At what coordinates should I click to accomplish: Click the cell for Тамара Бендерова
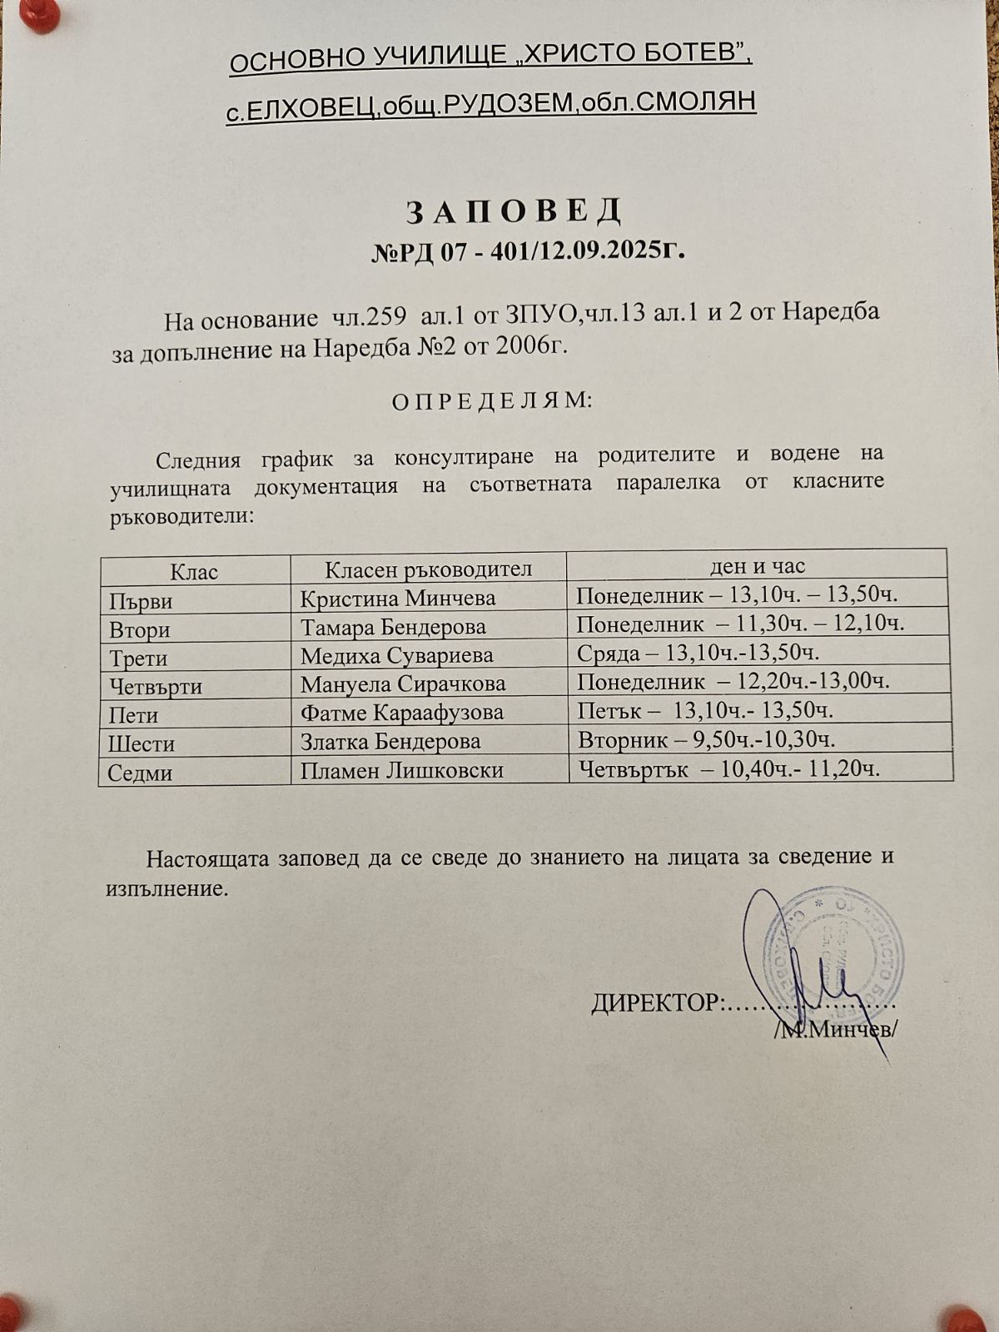pyautogui.click(x=393, y=627)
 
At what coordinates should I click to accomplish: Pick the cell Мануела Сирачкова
pyautogui.click(x=403, y=684)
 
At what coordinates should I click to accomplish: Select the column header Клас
pyautogui.click(x=194, y=571)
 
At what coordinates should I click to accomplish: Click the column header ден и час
pyautogui.click(x=757, y=566)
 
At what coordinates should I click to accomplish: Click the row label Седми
pyautogui.click(x=140, y=773)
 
